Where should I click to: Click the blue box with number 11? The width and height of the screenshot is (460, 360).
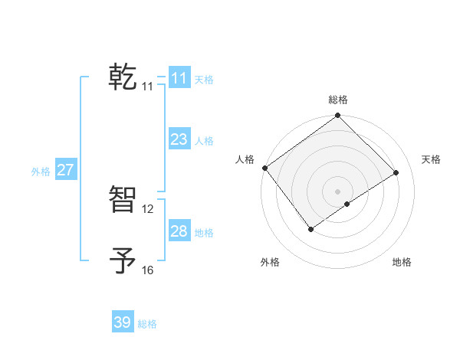pyautogui.click(x=179, y=78)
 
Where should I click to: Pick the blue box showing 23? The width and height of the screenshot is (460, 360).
pyautogui.click(x=179, y=139)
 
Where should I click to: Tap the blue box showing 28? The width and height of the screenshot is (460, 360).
pyautogui.click(x=179, y=231)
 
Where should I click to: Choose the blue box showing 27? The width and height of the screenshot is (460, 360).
pyautogui.click(x=65, y=170)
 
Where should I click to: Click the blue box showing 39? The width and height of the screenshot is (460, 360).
pyautogui.click(x=122, y=322)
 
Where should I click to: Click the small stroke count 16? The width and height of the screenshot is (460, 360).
pyautogui.click(x=148, y=270)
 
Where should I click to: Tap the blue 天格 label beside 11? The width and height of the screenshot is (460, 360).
pyautogui.click(x=204, y=80)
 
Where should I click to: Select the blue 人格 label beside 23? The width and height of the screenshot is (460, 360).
pyautogui.click(x=204, y=141)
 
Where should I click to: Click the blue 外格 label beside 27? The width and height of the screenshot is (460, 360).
pyautogui.click(x=41, y=172)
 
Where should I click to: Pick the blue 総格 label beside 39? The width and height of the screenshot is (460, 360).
pyautogui.click(x=147, y=324)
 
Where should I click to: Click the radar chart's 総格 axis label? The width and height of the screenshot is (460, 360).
pyautogui.click(x=338, y=100)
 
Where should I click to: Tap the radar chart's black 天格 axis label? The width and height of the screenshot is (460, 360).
pyautogui.click(x=432, y=159)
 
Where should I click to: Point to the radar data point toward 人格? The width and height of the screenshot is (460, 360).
pyautogui.click(x=264, y=168)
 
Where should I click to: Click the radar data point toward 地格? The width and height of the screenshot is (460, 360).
pyautogui.click(x=347, y=204)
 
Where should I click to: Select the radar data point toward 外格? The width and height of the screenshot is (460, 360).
pyautogui.click(x=310, y=229)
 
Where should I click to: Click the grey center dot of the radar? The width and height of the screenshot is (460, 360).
pyautogui.click(x=337, y=191)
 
